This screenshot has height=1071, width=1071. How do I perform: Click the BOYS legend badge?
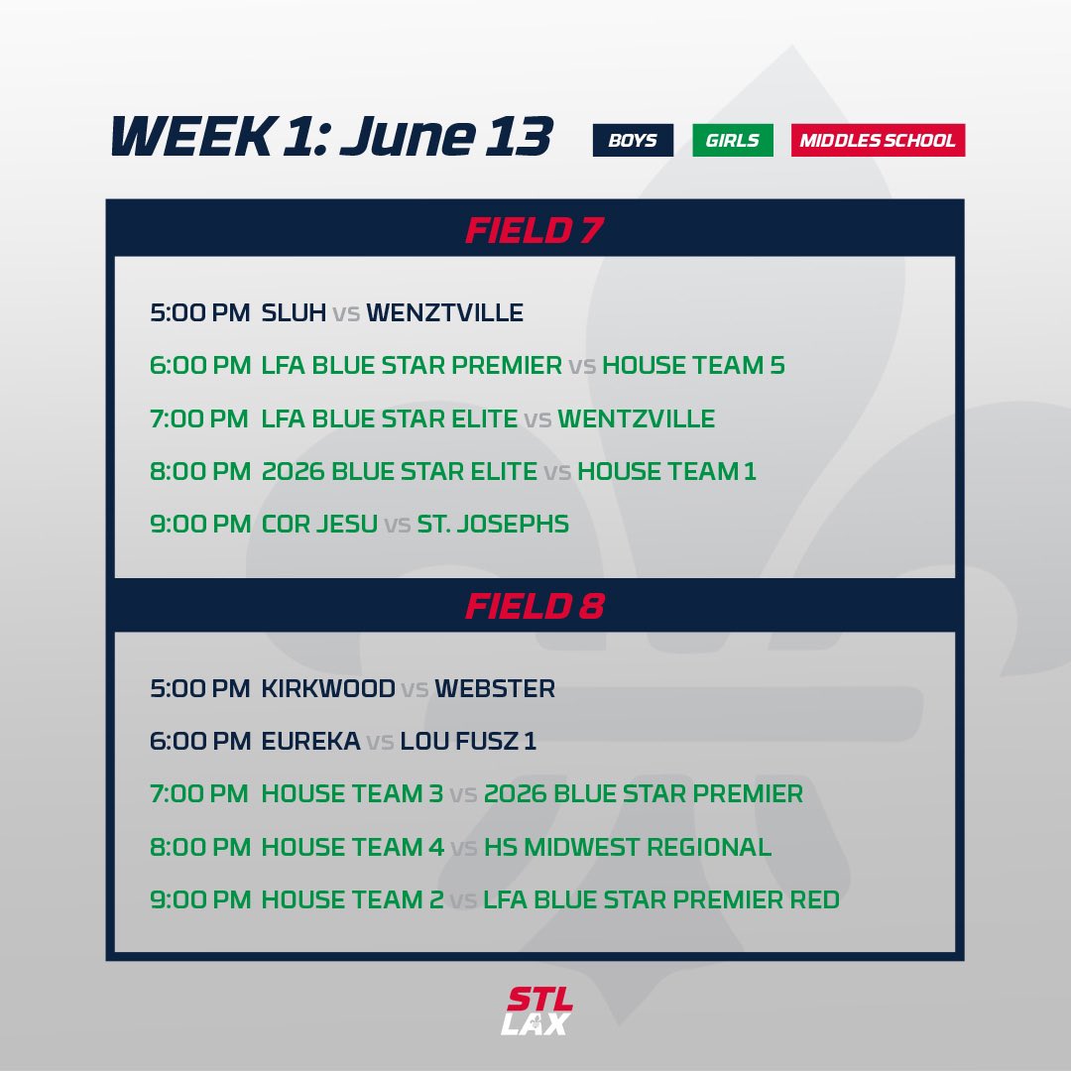point(633,140)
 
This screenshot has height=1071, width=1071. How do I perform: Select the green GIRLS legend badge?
point(732,140)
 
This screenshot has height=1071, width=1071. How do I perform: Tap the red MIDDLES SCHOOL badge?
point(878,140)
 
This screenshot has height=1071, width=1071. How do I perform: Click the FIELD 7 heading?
point(535,231)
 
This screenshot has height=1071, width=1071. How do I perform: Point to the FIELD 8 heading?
point(535,606)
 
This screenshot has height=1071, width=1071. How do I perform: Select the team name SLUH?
point(294,313)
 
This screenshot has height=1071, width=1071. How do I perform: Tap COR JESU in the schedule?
point(319,524)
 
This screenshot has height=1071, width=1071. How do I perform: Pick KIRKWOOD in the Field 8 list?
point(328,688)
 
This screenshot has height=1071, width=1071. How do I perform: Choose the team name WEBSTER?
point(495,688)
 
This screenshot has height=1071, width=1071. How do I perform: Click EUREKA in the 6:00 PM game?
point(310,742)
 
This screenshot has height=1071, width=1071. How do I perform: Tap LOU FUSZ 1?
point(468,742)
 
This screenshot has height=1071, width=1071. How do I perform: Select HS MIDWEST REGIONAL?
point(628,847)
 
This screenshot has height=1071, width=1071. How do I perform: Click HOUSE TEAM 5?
point(693,366)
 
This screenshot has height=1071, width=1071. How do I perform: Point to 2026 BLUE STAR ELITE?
point(399,471)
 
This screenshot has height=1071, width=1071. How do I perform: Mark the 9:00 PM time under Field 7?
point(200,524)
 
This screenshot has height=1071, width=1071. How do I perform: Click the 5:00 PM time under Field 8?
point(200,688)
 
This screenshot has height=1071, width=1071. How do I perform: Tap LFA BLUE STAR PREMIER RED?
point(661,900)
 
